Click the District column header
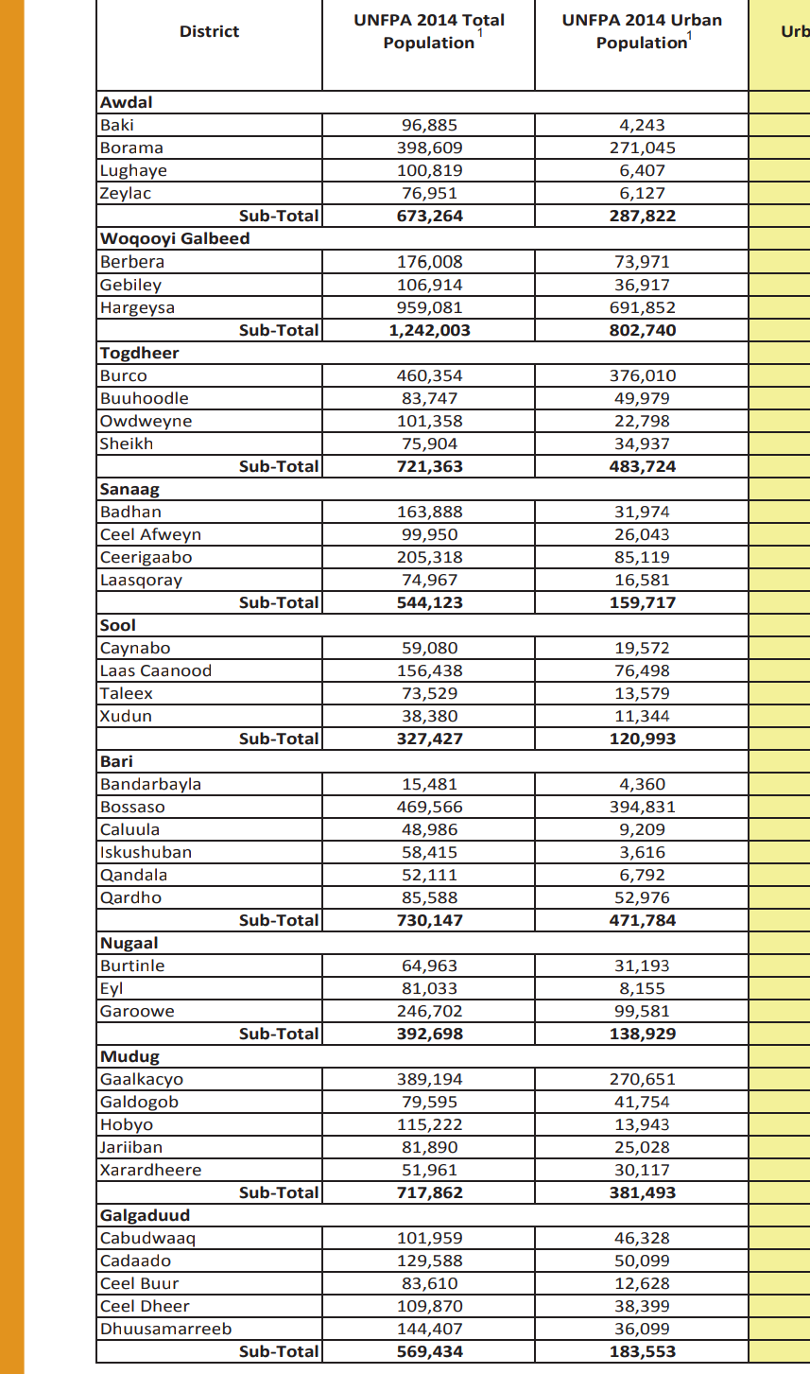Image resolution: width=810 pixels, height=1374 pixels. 209,31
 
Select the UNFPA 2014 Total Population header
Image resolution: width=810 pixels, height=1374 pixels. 429,31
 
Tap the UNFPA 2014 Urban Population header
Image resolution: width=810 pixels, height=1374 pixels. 642,31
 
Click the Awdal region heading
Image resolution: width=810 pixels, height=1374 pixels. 127,102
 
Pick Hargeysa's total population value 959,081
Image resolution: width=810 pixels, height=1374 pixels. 429,307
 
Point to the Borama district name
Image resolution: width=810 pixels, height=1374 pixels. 131,148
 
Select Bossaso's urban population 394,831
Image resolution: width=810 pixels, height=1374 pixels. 643,807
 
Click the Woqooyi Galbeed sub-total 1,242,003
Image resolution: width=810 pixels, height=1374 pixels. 429,330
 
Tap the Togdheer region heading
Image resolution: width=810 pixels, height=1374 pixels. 140,353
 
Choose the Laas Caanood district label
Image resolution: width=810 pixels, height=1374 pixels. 156,670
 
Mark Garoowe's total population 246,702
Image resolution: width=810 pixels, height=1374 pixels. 429,1011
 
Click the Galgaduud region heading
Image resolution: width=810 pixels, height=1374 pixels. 145,1215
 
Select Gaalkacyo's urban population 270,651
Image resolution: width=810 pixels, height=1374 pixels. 643,1079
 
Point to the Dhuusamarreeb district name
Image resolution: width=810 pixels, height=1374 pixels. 166,1329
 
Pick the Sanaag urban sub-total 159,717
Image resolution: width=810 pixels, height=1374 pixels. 643,602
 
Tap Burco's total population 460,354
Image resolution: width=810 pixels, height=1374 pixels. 429,375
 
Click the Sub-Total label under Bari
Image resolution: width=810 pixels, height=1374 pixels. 279,920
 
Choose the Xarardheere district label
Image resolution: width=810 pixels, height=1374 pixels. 151,1170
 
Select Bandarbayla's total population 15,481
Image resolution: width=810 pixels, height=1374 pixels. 429,784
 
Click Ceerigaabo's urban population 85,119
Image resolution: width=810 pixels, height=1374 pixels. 643,557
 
